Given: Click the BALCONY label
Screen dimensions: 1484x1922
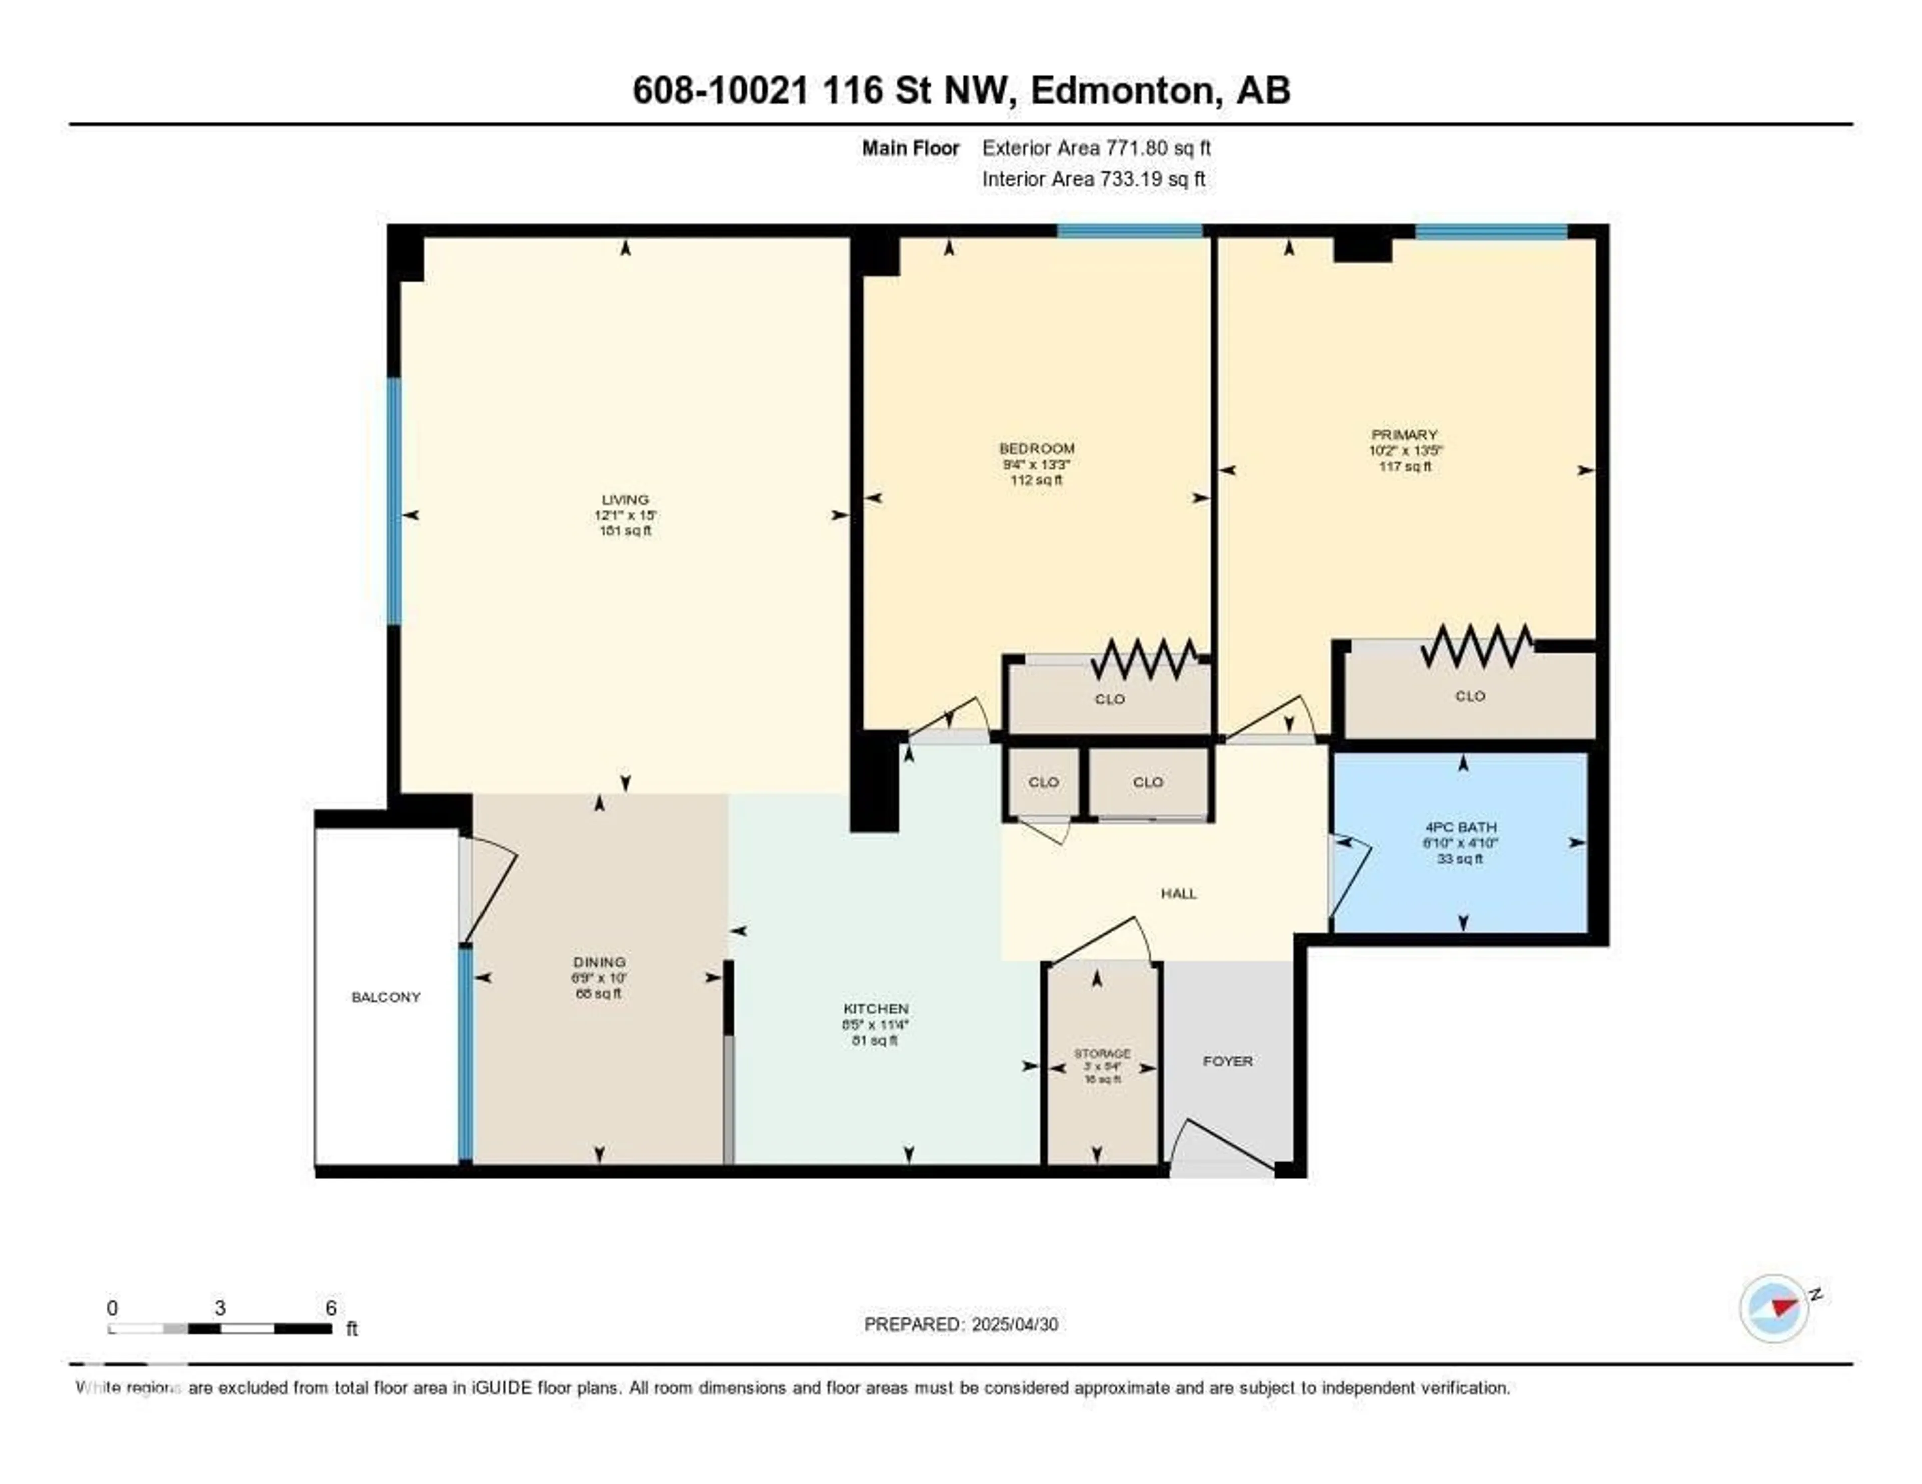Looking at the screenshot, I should [x=385, y=997].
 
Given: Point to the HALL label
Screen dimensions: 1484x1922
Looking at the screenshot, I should [x=1178, y=894].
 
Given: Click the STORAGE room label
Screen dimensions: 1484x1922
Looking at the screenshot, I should [x=1101, y=1053].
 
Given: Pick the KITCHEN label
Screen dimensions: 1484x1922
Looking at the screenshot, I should [x=875, y=1009].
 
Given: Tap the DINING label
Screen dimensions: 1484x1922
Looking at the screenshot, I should [x=599, y=962].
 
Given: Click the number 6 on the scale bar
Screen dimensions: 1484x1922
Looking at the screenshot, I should [x=331, y=1308].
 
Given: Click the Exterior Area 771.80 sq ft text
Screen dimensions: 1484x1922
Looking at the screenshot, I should [x=1096, y=148].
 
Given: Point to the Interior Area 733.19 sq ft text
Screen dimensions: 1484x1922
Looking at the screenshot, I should [x=1093, y=179].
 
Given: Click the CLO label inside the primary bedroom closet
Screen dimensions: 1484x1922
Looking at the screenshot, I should [x=1470, y=696].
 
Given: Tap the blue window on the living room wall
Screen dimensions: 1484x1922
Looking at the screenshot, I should [x=394, y=501].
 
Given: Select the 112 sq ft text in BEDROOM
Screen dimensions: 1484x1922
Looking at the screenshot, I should [x=1036, y=480].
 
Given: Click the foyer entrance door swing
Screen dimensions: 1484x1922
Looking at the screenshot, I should [x=1219, y=1144].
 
